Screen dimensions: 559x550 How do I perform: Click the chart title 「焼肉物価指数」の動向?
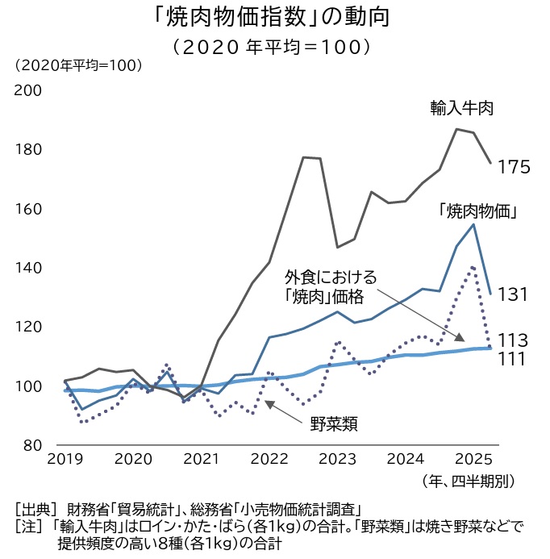tap(273, 17)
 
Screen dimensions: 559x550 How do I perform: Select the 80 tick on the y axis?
tap(32, 445)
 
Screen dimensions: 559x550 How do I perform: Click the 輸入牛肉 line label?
tap(461, 108)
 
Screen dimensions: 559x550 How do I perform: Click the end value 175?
tap(513, 168)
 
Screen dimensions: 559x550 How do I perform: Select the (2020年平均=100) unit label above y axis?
tap(77, 65)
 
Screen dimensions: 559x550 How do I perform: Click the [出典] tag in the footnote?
tap(35, 509)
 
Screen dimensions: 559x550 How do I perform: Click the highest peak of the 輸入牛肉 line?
tap(456, 129)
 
